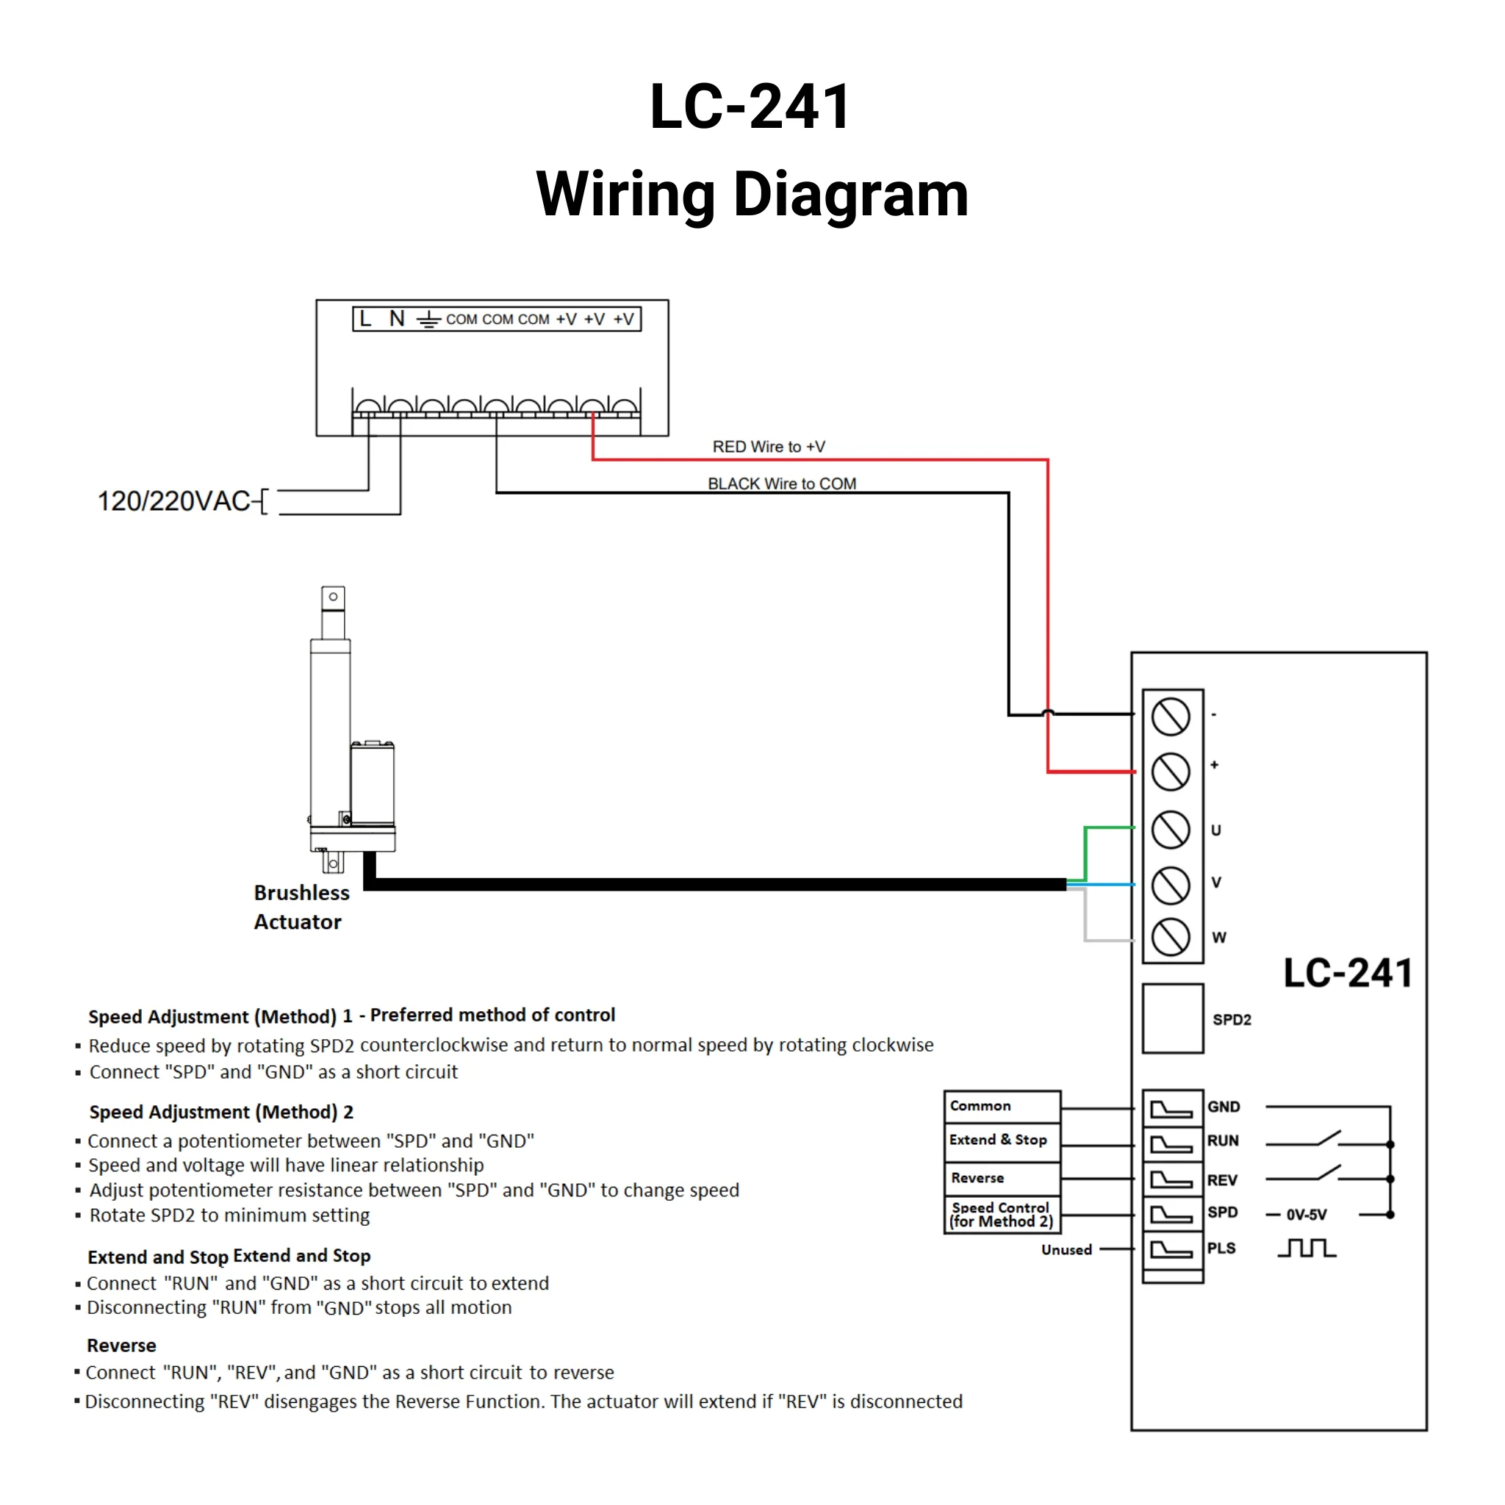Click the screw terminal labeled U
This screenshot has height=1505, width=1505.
tap(1171, 830)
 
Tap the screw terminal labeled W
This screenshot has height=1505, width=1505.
tap(1171, 937)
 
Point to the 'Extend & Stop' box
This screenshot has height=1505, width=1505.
tap(1002, 1141)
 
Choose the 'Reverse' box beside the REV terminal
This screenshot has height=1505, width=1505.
tap(1002, 1179)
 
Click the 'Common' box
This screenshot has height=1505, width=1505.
tap(1002, 1106)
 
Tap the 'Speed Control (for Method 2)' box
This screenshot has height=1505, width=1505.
tap(1002, 1215)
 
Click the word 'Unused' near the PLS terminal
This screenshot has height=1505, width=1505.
tap(1066, 1250)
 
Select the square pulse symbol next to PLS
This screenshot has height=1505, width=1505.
tap(1307, 1249)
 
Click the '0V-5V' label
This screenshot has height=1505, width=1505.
tap(1307, 1215)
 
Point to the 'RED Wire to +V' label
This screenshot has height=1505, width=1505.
tap(768, 447)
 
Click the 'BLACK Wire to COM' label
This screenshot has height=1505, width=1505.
tap(781, 484)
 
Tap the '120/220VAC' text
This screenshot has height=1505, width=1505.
tap(173, 502)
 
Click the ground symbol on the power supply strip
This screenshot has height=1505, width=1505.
tap(428, 320)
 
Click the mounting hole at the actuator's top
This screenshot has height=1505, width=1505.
tap(334, 597)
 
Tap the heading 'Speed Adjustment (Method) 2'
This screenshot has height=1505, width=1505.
tap(221, 1113)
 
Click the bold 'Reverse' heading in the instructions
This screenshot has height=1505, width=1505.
tap(121, 1346)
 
